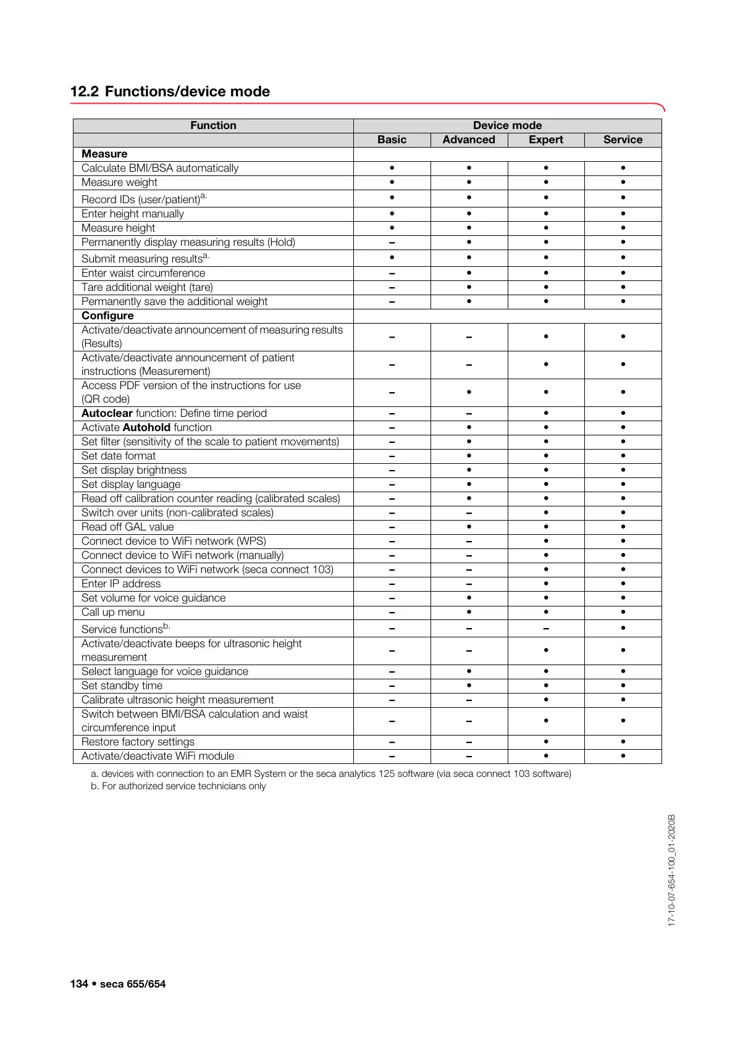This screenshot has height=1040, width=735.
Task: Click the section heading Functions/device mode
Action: point(187,91)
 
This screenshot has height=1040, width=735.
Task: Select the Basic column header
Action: point(392,140)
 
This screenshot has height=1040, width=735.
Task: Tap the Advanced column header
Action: point(469,140)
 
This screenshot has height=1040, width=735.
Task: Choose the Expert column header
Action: point(546,140)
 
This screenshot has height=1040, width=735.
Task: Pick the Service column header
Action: point(623,140)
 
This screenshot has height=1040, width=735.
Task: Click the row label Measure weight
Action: point(119,182)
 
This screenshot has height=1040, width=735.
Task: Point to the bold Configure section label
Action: point(107,316)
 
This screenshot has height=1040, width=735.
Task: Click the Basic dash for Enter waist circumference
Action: point(392,274)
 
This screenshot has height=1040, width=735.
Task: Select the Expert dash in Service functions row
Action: point(546,629)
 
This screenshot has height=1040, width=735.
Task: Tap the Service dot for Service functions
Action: point(623,628)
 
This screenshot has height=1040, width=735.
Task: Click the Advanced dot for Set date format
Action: point(469,456)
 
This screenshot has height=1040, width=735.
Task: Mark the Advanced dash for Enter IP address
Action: point(469,584)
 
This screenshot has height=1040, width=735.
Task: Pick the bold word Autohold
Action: point(146,427)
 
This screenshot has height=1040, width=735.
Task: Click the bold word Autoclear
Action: point(107,413)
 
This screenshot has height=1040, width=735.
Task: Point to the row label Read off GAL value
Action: point(128,527)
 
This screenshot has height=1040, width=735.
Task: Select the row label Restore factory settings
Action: point(138,742)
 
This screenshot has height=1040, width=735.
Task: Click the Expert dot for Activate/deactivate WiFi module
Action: point(546,756)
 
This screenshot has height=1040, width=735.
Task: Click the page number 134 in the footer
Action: point(79,984)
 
